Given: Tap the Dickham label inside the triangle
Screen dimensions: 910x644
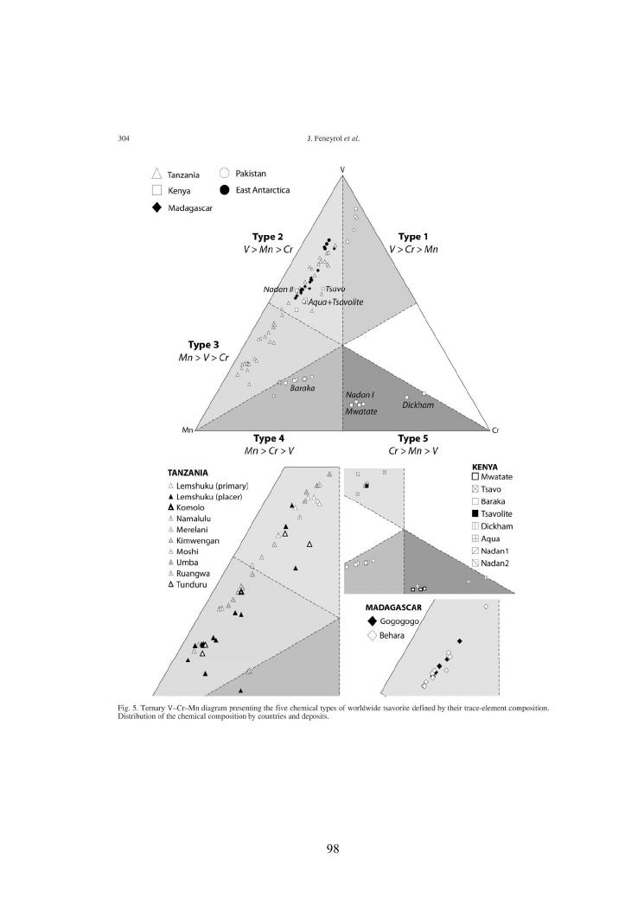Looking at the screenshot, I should tap(418, 404).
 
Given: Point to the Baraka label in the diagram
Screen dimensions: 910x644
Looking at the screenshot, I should tap(302, 388).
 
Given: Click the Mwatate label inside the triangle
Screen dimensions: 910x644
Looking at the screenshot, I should tap(361, 411).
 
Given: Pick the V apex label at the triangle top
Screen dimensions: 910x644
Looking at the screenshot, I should tap(343, 168).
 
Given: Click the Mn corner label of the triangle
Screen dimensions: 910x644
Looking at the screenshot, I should tap(187, 430).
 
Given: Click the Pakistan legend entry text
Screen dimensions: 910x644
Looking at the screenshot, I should tap(252, 174).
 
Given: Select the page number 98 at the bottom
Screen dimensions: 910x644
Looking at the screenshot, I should tap(332, 848).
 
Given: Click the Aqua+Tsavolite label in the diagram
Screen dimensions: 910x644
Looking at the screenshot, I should tap(335, 301).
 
